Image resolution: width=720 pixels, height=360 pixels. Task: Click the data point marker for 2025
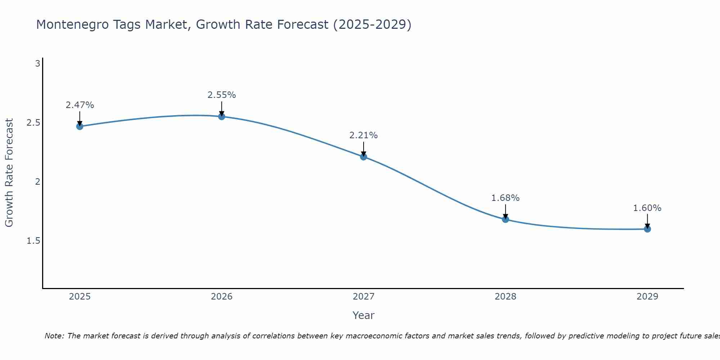point(80,126)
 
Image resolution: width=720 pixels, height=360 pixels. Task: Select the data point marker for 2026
point(222,117)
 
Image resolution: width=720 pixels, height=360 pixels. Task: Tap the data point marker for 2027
point(364,157)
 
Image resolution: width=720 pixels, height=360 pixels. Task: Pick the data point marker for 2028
point(505,219)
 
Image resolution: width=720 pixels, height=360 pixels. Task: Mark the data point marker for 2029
point(647,229)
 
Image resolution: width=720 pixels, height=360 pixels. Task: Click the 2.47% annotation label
point(80,105)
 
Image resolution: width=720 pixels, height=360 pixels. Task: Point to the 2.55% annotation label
point(222,95)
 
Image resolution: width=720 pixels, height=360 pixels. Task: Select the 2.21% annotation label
point(364,135)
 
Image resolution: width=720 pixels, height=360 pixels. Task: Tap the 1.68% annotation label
point(505,198)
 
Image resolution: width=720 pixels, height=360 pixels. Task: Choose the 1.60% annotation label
point(647,208)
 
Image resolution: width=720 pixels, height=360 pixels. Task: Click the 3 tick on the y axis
point(37,64)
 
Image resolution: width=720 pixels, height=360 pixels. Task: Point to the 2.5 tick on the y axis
point(33,123)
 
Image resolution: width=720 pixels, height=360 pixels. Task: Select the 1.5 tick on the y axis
point(33,241)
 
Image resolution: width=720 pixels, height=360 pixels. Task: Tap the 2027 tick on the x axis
point(364,297)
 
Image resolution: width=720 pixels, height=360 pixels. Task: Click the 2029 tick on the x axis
point(647,297)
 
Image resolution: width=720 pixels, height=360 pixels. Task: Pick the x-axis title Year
point(364,315)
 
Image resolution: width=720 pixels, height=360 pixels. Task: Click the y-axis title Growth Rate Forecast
point(9,173)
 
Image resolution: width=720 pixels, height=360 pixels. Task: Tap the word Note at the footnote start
point(54,336)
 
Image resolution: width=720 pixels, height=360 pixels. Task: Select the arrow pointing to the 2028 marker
point(505,212)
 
